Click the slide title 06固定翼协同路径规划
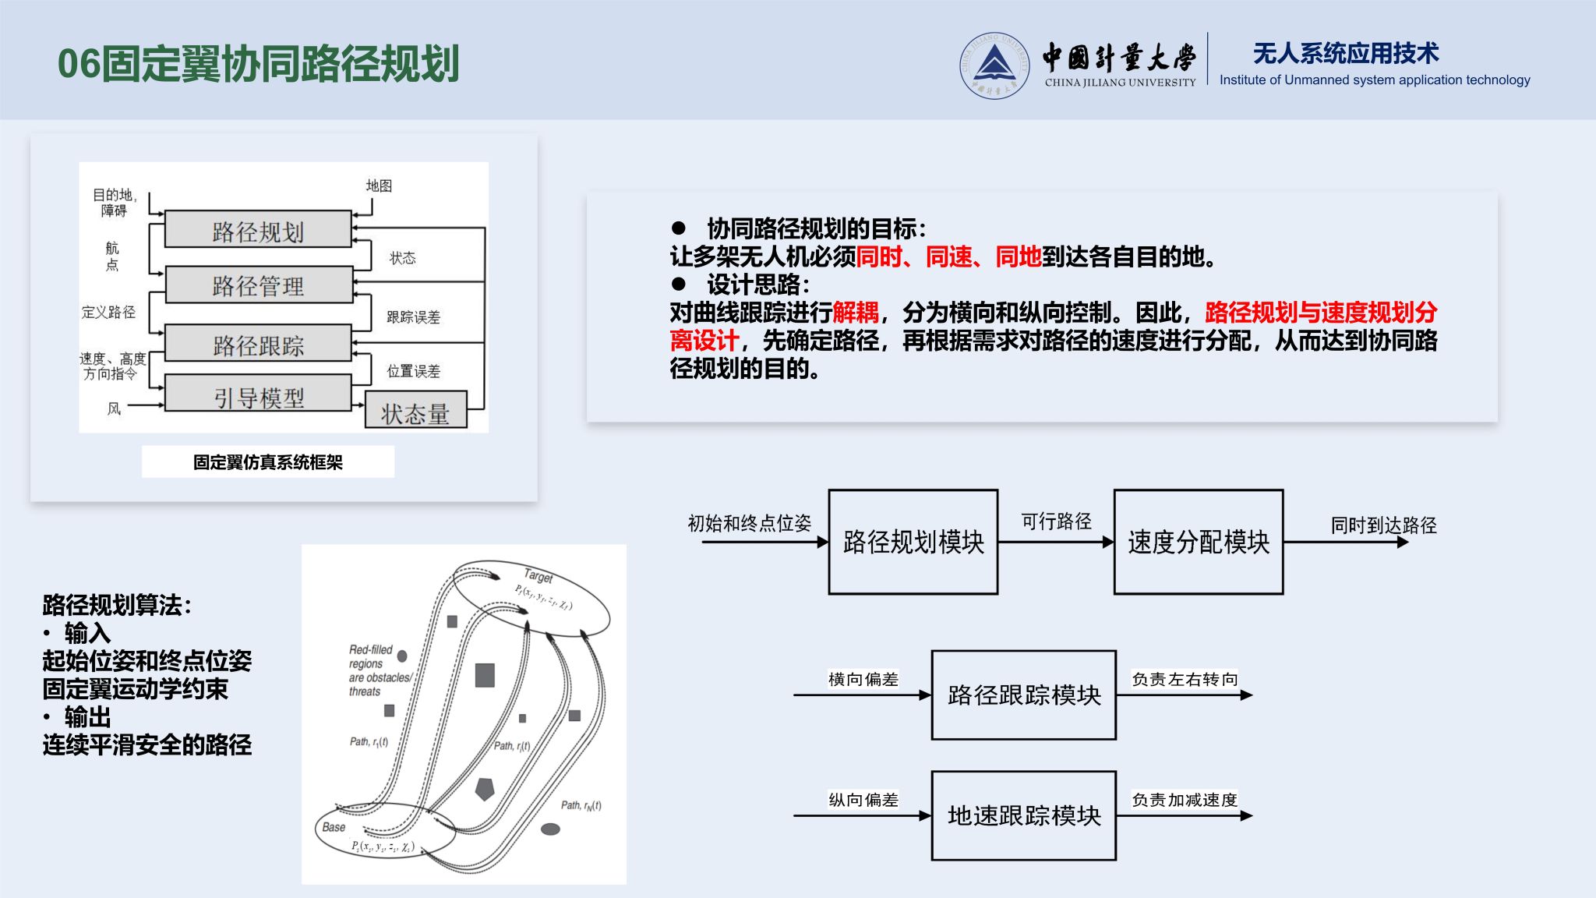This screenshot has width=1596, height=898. coord(259,64)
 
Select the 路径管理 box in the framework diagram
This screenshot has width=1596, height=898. coord(259,285)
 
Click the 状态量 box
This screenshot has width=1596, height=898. coord(415,409)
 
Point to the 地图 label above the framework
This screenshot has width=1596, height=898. coord(379,186)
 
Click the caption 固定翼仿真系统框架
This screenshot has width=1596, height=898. coord(268,462)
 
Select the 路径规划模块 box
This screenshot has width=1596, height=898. coord(913,542)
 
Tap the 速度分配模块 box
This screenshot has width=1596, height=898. coord(1199,542)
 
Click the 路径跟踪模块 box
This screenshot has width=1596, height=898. coord(1024,695)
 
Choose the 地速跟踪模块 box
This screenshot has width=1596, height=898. coord(1024,815)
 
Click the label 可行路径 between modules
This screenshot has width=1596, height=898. coord(1056,521)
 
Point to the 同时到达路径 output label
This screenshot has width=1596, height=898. coord(1383,525)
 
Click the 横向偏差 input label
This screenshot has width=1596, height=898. coord(863,680)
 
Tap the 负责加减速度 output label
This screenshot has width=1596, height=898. coord(1185,800)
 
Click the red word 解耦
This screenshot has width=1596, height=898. coord(856,313)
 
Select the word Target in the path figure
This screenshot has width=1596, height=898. coord(538,576)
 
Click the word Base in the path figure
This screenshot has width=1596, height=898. coord(334,827)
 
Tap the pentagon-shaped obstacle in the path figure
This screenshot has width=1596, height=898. coord(485,788)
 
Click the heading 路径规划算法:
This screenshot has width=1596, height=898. coord(117,605)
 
